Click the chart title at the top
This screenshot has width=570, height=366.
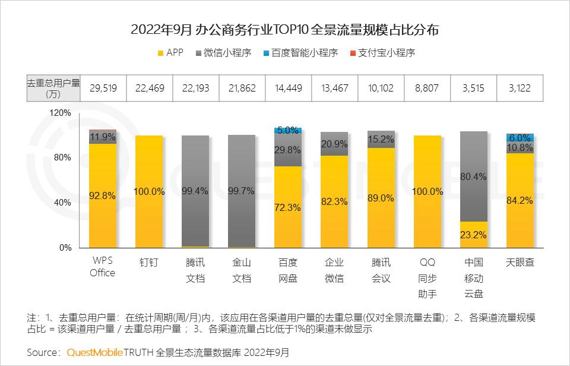pos(285,30)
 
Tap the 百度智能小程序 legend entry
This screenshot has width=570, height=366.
pos(300,53)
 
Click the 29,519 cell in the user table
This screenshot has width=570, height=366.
pos(103,88)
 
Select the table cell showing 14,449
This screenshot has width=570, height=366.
pos(288,88)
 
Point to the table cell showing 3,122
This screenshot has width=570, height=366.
pos(520,88)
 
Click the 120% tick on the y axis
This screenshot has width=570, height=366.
pos(61,112)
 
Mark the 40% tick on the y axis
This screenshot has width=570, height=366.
pos(62,203)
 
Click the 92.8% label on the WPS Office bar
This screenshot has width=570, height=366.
pos(103,195)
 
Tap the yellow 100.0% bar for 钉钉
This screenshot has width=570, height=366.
pos(149,191)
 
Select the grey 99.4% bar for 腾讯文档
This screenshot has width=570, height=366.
pos(195,190)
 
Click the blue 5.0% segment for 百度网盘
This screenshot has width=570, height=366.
pos(288,130)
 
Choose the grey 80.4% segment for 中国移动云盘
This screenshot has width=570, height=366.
pos(473,176)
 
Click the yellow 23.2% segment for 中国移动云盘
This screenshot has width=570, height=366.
pos(473,235)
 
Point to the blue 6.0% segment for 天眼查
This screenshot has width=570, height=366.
pos(520,137)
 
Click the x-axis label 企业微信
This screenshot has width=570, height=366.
pos(334,270)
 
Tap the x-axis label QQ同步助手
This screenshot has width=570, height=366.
pos(427,277)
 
